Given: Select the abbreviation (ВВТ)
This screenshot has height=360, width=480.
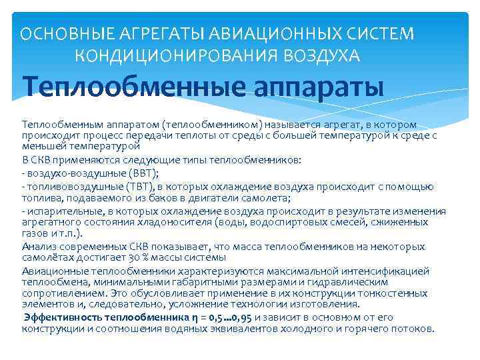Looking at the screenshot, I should tap(145, 173).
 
